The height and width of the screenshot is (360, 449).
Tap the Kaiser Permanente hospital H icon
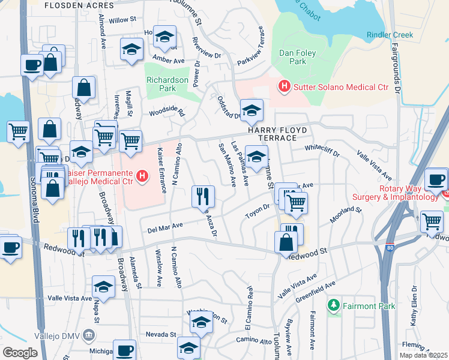point(142,176)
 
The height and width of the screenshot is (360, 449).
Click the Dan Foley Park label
point(294,57)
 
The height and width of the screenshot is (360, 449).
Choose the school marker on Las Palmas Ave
point(256,157)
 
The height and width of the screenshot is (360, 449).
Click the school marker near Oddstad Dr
point(252,110)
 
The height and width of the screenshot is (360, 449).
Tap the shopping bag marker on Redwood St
point(286,243)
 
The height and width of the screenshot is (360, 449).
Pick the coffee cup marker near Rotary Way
point(435,179)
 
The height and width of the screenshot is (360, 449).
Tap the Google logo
point(20,353)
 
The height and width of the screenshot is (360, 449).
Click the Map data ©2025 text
point(423,355)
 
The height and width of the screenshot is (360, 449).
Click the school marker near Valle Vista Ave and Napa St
point(104,286)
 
